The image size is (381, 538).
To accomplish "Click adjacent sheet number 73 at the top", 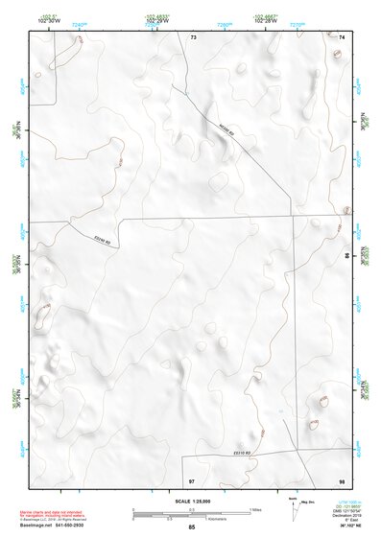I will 193,36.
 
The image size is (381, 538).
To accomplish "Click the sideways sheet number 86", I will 346,257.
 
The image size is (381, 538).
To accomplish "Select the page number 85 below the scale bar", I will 191,527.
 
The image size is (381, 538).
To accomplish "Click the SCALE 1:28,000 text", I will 191,502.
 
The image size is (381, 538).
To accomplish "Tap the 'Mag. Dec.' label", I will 309,503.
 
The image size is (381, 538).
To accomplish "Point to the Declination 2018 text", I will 342,513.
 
